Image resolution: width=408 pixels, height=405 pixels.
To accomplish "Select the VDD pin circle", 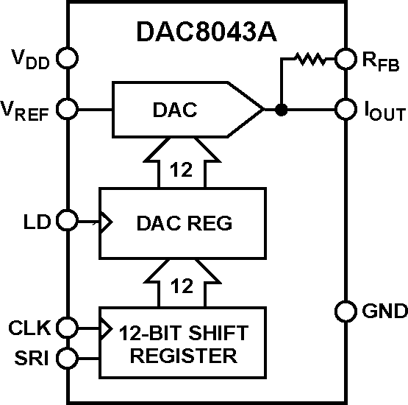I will [67, 57].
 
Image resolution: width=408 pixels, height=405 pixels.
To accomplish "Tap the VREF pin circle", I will [67, 110].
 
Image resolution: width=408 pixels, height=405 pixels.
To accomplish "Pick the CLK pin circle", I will [67, 325].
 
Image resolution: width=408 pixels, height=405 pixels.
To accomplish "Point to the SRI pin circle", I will [67, 359].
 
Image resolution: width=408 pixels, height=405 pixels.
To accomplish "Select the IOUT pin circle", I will [345, 110].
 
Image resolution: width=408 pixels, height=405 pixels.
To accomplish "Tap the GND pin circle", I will [345, 311].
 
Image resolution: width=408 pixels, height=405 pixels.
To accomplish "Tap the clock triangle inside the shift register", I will [105, 325].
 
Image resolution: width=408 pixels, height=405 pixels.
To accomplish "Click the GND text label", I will [384, 311].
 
